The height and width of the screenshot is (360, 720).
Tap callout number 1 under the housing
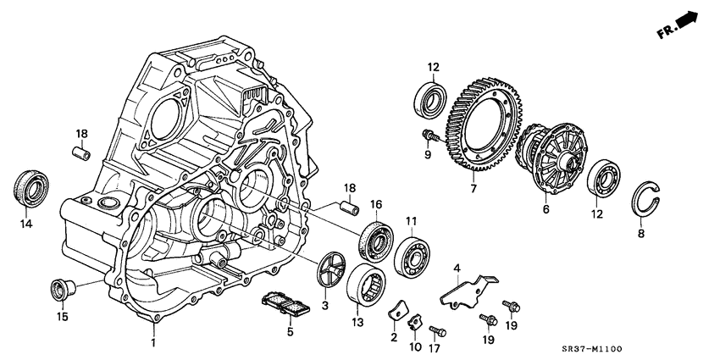(x=153, y=342)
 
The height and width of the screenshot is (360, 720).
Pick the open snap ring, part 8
(x=650, y=200)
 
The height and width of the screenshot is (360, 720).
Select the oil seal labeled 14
(x=31, y=187)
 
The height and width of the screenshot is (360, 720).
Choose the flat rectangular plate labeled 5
(x=285, y=303)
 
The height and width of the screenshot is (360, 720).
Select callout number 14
(x=25, y=224)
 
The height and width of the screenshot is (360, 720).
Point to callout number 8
(x=641, y=234)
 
